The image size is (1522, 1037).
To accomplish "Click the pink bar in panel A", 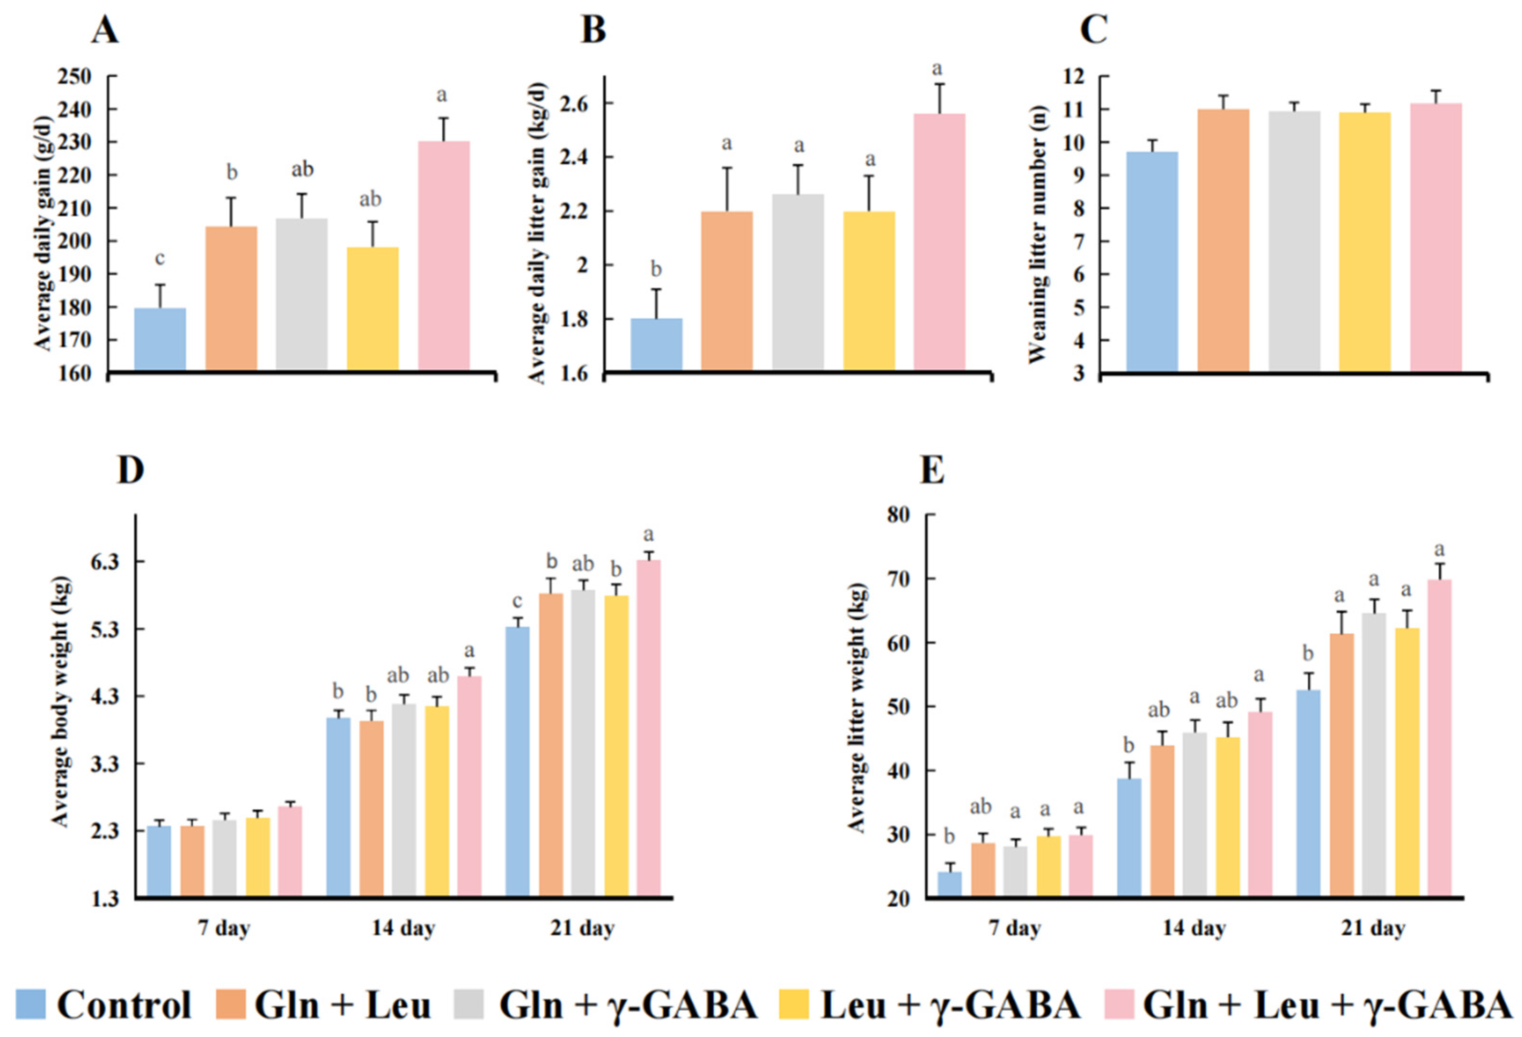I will (x=443, y=255).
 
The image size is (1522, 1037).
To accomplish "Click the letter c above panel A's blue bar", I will (x=160, y=259).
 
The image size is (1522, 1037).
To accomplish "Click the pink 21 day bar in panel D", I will (x=648, y=727).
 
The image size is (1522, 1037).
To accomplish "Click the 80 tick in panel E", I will (x=898, y=515).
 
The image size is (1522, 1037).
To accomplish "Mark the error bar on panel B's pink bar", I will (x=939, y=98).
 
